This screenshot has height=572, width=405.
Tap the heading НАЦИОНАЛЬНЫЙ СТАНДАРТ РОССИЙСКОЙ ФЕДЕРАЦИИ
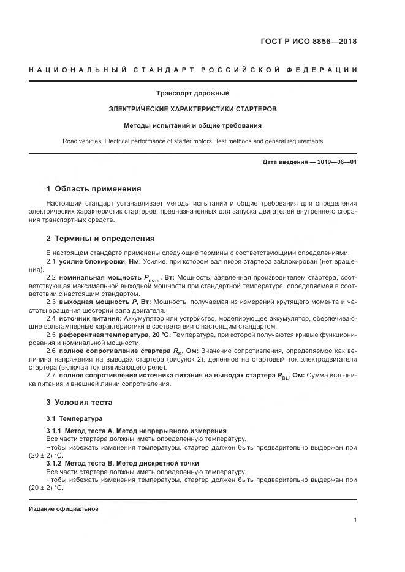tap(193, 70)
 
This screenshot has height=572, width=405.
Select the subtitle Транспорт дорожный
tap(192, 94)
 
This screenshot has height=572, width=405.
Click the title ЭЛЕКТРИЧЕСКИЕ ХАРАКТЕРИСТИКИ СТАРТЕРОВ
tap(192, 110)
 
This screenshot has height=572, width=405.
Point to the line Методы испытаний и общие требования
tap(192, 125)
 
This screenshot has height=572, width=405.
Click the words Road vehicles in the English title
tap(81, 141)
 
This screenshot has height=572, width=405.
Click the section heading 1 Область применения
tap(93, 188)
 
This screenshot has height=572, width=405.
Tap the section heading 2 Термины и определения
tap(100, 238)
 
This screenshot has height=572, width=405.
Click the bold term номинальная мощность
tap(102, 277)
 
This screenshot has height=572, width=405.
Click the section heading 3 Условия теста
tap(79, 402)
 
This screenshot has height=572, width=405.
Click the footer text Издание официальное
tap(63, 509)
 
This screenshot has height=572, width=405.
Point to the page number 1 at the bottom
tap(355, 520)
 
